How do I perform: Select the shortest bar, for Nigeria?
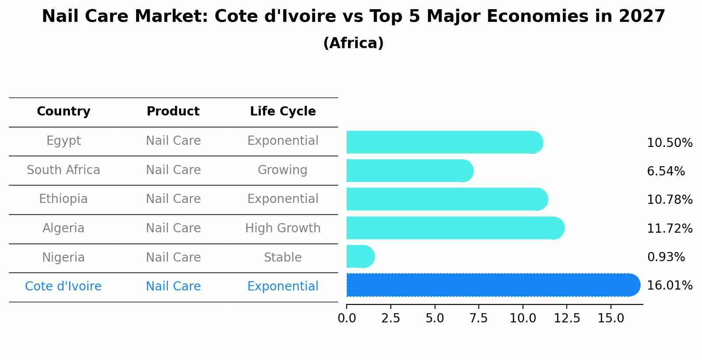360,256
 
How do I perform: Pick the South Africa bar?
409,171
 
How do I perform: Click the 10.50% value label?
669,143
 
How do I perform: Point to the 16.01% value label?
669,286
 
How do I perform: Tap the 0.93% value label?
666,257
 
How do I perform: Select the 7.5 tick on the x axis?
478,318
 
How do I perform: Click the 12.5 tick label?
567,318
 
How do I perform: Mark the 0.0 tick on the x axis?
347,318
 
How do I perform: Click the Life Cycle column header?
283,112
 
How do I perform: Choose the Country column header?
63,112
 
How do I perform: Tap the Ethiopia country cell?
63,199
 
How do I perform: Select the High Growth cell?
283,228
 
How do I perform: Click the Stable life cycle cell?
283,258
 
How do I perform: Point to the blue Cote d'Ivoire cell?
63,287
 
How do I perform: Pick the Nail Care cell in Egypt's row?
173,141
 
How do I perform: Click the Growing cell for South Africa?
283,170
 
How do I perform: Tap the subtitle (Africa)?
353,43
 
